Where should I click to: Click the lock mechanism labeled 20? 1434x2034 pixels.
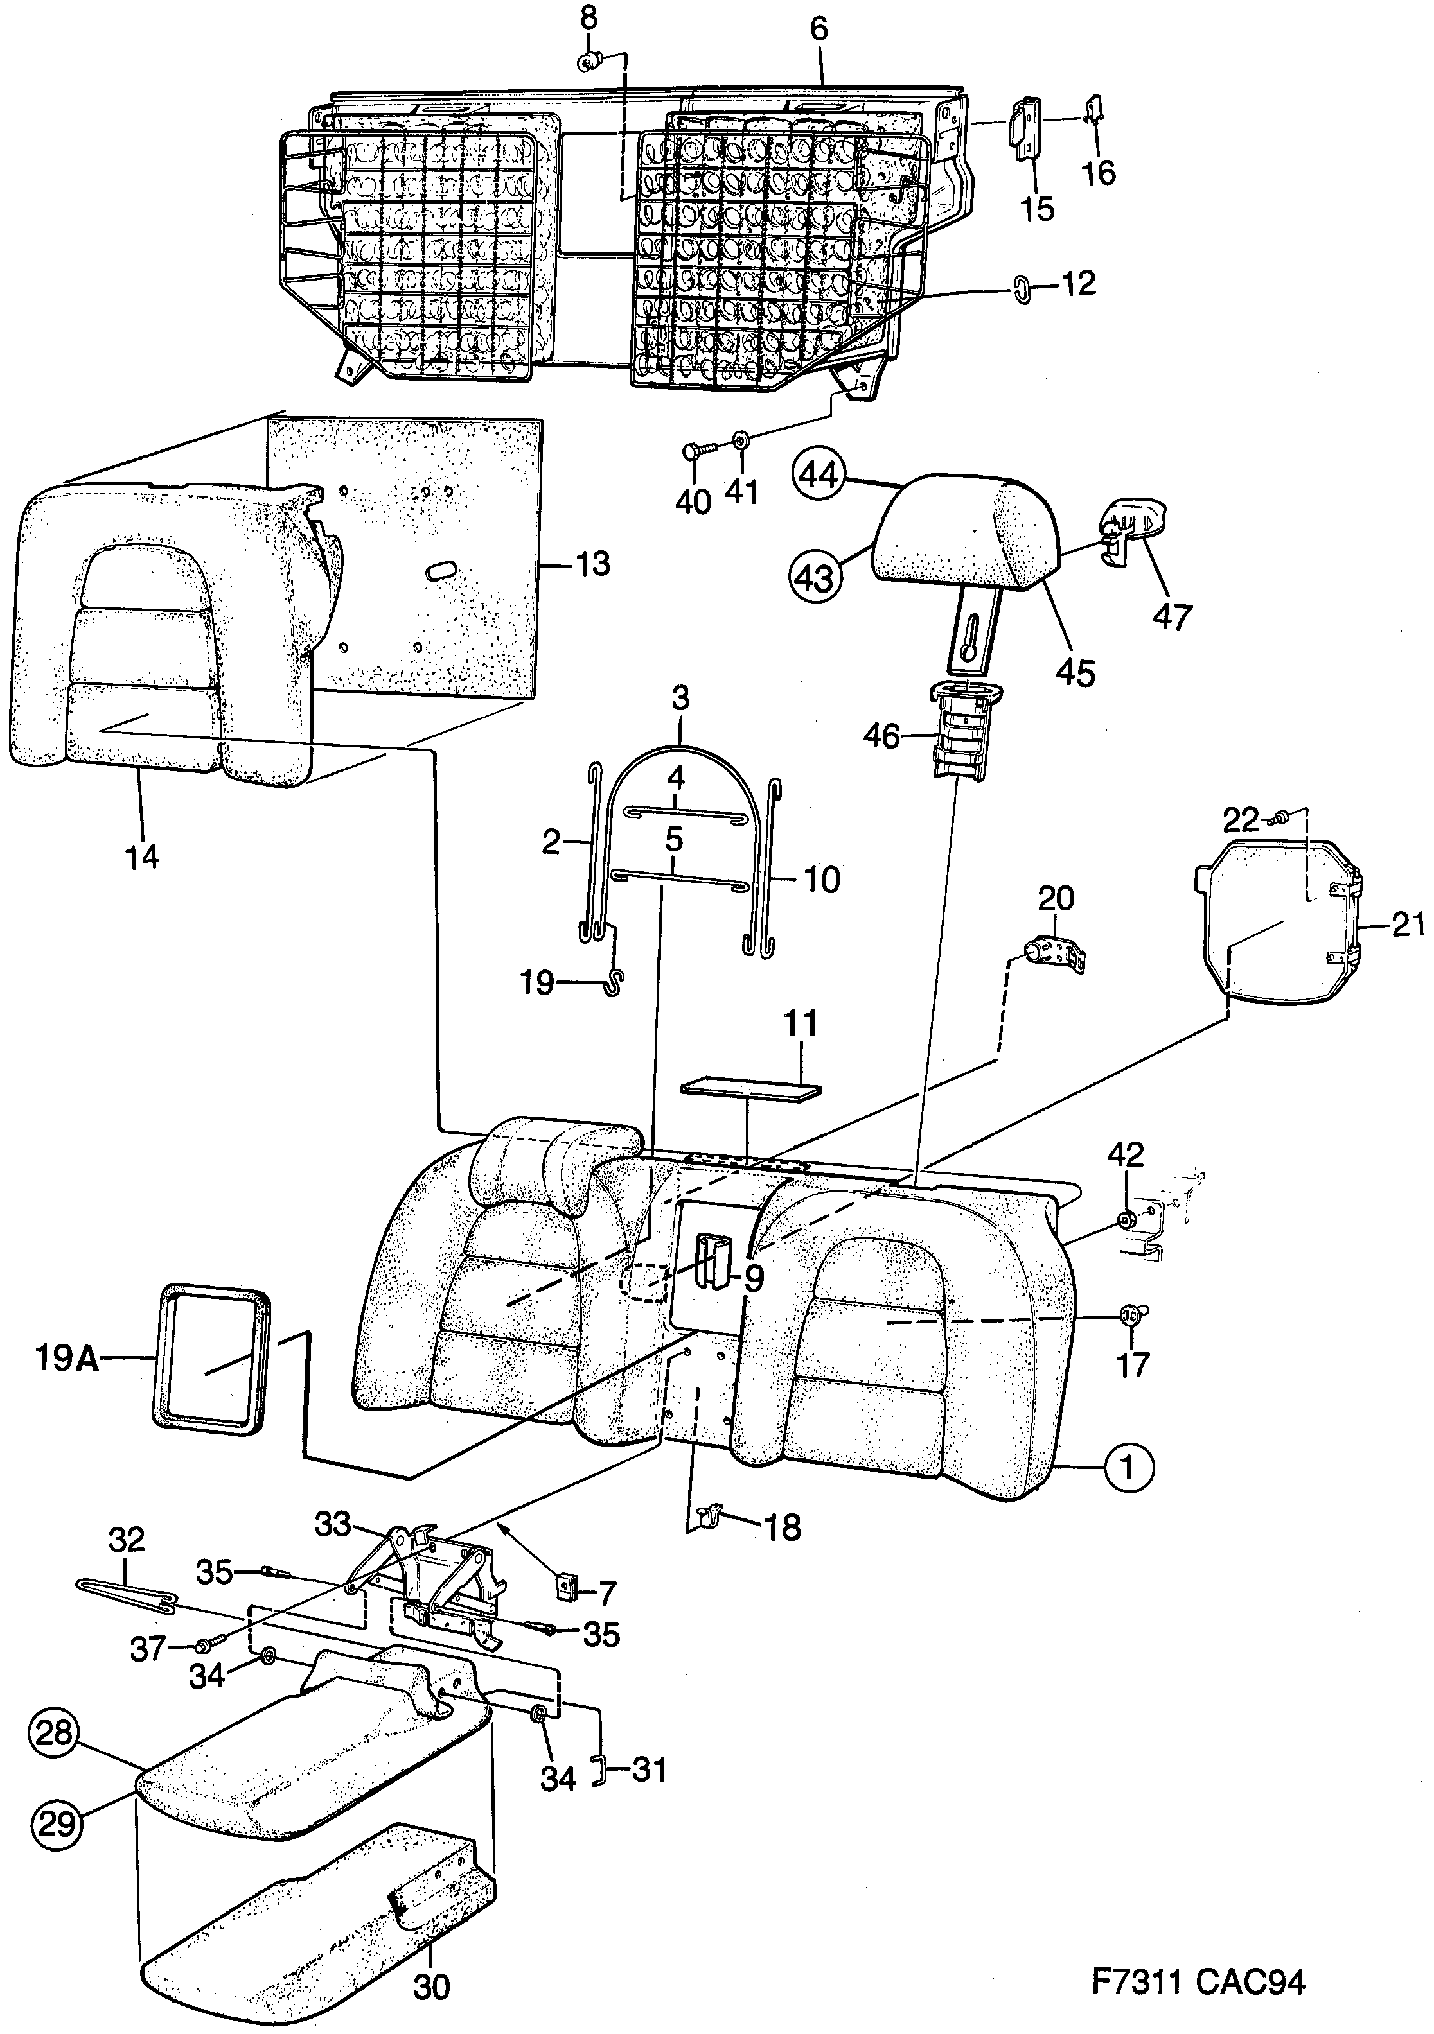pos(1055,957)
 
